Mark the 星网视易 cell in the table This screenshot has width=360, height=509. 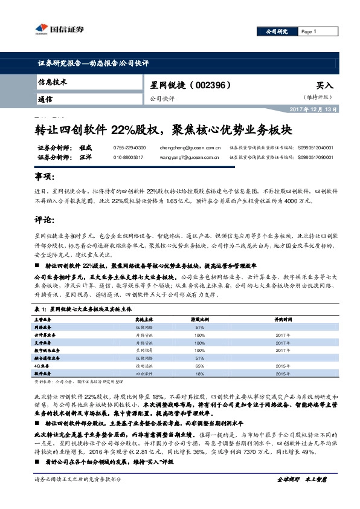143,350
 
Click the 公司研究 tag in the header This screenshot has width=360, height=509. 275,31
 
